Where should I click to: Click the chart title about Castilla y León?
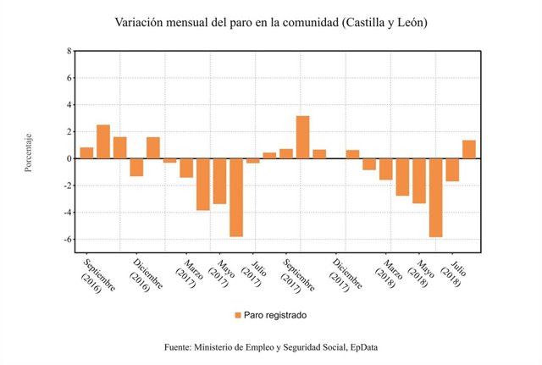271,22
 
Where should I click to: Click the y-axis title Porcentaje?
28,152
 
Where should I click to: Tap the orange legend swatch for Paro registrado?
237,315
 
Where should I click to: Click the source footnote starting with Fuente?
271,348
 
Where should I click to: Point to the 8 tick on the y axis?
68,51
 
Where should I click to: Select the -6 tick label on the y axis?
66,240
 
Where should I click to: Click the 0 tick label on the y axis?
68,158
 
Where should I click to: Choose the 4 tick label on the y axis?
68,105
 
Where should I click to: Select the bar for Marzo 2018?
385,169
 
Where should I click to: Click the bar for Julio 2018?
452,169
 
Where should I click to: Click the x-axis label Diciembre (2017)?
343,273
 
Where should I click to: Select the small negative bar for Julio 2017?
252,161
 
